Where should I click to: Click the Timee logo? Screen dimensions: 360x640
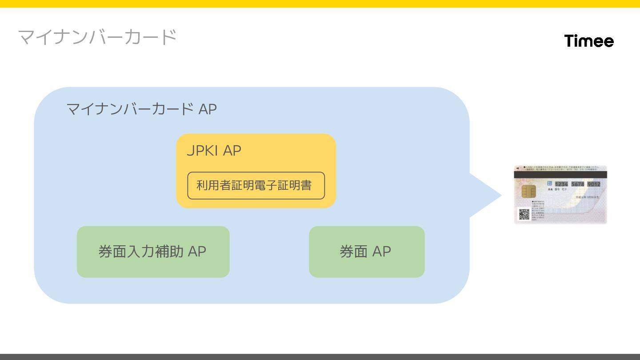589,41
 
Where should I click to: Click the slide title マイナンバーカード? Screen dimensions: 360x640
97,37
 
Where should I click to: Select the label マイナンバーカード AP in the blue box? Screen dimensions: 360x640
141,109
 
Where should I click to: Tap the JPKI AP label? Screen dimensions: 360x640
214,151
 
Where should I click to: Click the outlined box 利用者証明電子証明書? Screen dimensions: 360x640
256,185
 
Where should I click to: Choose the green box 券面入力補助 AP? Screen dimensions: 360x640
153,252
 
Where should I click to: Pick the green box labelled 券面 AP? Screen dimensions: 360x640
366,252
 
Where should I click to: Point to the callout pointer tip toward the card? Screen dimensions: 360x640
500,195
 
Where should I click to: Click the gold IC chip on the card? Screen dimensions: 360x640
528,192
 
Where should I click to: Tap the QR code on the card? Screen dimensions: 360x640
524,214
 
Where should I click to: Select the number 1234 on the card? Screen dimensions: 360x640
561,184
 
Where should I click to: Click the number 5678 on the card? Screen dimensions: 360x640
578,184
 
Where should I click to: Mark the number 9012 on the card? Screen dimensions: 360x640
594,184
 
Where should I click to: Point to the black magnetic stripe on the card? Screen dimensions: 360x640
560,175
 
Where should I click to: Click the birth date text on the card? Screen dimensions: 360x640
588,197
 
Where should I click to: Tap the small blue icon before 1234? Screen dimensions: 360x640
550,183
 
